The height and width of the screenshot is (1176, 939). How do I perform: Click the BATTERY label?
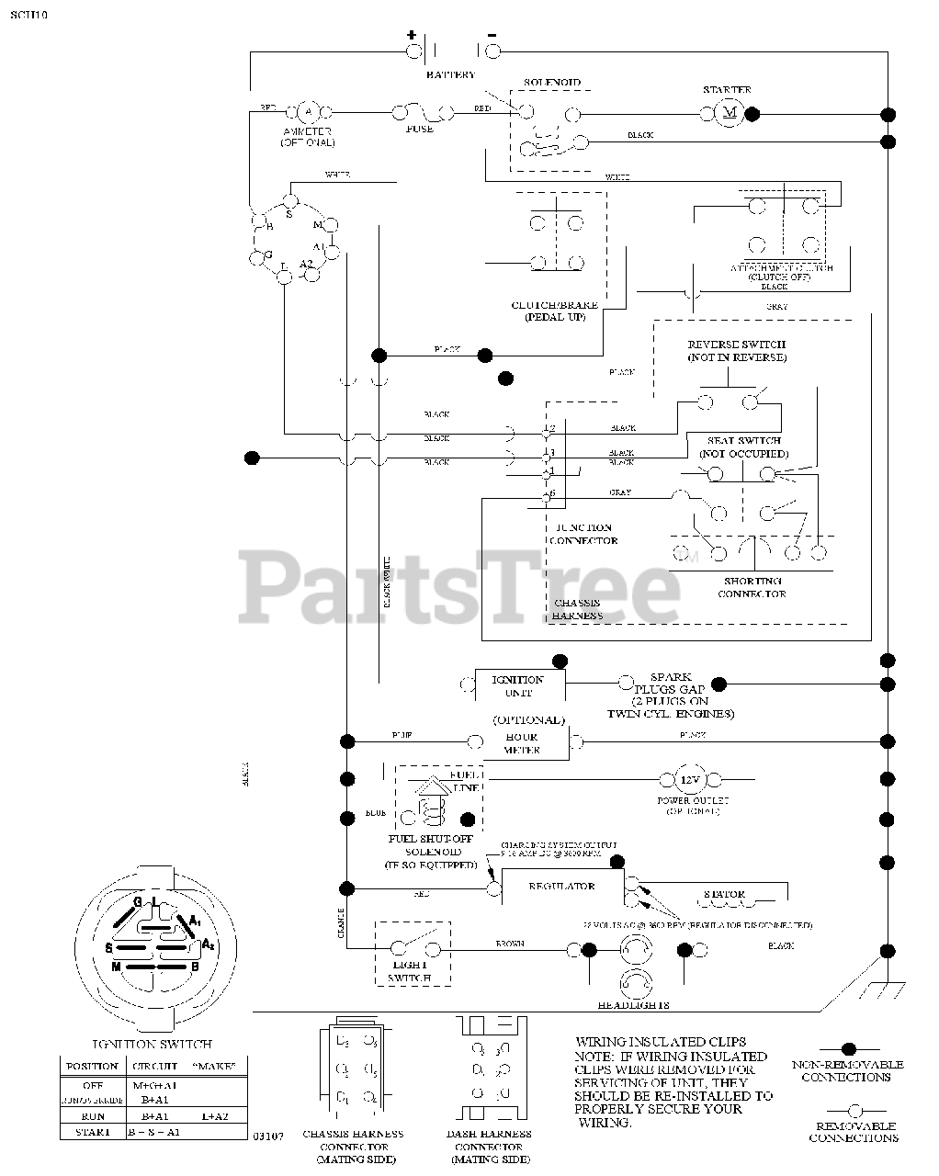[450, 74]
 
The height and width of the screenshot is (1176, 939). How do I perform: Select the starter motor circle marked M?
[731, 112]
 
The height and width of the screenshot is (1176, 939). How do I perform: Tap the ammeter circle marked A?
[309, 112]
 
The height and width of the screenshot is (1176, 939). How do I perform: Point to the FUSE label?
[419, 129]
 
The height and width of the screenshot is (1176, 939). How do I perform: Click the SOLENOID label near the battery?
[551, 83]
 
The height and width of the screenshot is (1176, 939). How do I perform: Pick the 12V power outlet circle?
[689, 780]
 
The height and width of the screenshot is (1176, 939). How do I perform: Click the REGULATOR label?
[561, 887]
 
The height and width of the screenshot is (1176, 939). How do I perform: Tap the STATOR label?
[724, 894]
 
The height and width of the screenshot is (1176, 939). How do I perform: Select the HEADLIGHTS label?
[633, 1005]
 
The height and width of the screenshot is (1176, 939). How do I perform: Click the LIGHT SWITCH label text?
[410, 972]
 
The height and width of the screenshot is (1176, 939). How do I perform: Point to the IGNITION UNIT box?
[518, 685]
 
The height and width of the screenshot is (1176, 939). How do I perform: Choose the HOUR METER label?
[522, 743]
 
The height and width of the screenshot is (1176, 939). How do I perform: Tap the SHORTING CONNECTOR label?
[752, 587]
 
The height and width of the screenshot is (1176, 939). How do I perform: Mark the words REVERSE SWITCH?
[737, 345]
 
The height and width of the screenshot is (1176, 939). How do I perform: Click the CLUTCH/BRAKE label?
[555, 305]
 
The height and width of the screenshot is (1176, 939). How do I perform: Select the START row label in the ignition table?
[92, 1132]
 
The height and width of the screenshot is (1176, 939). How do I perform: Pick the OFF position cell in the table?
[92, 1085]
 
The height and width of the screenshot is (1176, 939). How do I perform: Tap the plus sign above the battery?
[411, 35]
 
